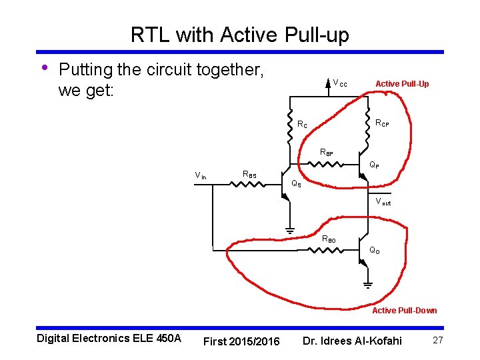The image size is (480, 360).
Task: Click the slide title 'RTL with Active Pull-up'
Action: [x=239, y=35]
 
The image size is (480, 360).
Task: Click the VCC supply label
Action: [x=339, y=83]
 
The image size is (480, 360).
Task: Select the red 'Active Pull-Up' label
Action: [x=402, y=83]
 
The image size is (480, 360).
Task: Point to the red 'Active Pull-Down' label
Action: [x=404, y=310]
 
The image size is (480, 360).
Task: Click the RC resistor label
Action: [x=302, y=124]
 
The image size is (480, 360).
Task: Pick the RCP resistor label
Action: [x=382, y=123]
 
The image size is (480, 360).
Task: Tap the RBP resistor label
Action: [x=327, y=153]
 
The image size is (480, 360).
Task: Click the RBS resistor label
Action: [x=249, y=175]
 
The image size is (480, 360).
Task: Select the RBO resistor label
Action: [x=329, y=239]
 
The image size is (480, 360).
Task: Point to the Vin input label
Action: [x=200, y=175]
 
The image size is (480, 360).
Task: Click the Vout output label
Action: [x=383, y=201]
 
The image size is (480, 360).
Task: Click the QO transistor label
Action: [x=375, y=251]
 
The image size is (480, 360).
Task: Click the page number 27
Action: [x=438, y=341]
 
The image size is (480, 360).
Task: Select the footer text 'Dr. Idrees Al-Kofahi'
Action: [x=352, y=341]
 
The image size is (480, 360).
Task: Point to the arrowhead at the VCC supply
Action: [x=327, y=83]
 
